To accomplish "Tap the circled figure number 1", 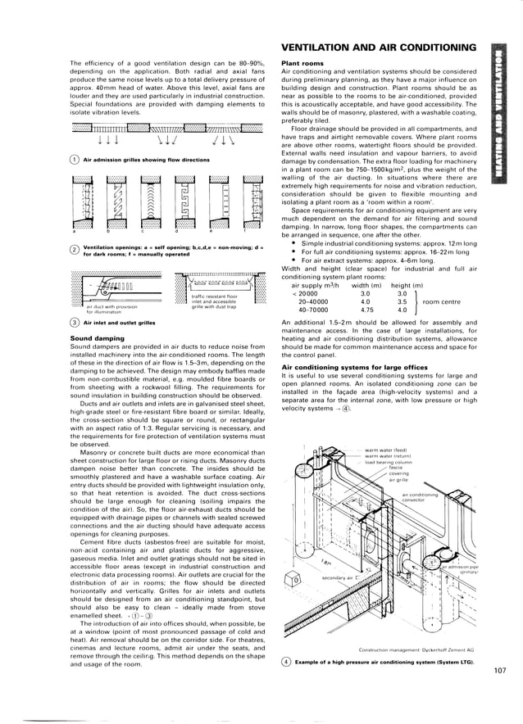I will click(75, 161).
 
